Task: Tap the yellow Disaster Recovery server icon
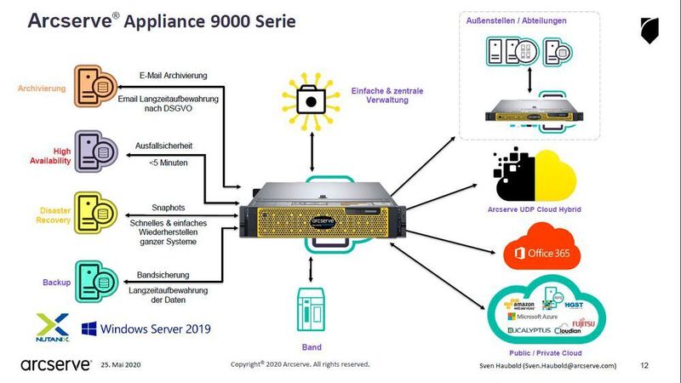click(95, 213)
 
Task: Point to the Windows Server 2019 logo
click(146, 328)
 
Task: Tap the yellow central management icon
click(312, 100)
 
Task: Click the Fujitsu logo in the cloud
click(572, 319)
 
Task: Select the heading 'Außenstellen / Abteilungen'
click(517, 20)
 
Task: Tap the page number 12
click(644, 364)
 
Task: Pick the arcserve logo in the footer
click(54, 364)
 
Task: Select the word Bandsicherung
click(164, 275)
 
